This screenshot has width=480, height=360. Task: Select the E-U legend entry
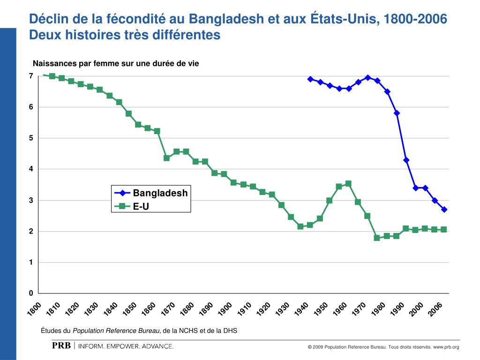[x=141, y=206]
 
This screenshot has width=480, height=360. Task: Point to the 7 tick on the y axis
[x=31, y=76]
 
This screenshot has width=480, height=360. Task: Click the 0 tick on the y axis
[x=31, y=293]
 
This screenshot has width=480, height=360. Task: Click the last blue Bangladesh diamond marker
[x=444, y=210]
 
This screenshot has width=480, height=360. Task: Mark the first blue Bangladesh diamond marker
[x=310, y=79]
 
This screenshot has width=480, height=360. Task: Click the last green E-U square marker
[x=443, y=230]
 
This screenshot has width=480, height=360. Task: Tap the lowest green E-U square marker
[x=377, y=238]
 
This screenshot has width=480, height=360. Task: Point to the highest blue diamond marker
[x=367, y=78]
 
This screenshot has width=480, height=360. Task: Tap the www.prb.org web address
[x=446, y=347]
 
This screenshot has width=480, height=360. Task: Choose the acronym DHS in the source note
[x=230, y=330]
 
